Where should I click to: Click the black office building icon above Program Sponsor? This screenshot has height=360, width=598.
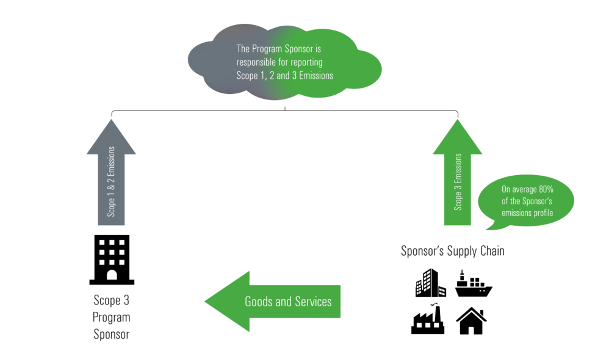point(112,259)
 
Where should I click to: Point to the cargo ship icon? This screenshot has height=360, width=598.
point(474,284)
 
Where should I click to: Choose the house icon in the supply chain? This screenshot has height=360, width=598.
point(471,321)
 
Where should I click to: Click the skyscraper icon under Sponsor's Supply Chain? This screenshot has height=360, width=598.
point(430,283)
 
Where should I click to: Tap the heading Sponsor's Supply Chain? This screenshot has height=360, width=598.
point(452,251)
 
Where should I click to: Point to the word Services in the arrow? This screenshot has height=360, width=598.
point(311,301)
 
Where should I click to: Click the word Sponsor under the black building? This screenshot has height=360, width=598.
point(111,334)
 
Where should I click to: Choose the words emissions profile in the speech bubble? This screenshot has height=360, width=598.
point(527,213)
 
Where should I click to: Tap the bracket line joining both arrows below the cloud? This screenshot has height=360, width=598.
point(285,111)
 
